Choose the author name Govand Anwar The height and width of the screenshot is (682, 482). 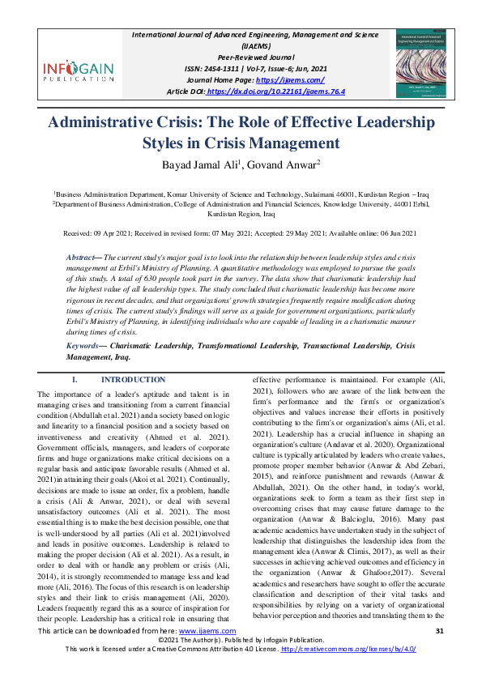275,167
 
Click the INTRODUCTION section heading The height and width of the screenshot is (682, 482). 133,380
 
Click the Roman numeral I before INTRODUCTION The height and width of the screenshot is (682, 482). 74,380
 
